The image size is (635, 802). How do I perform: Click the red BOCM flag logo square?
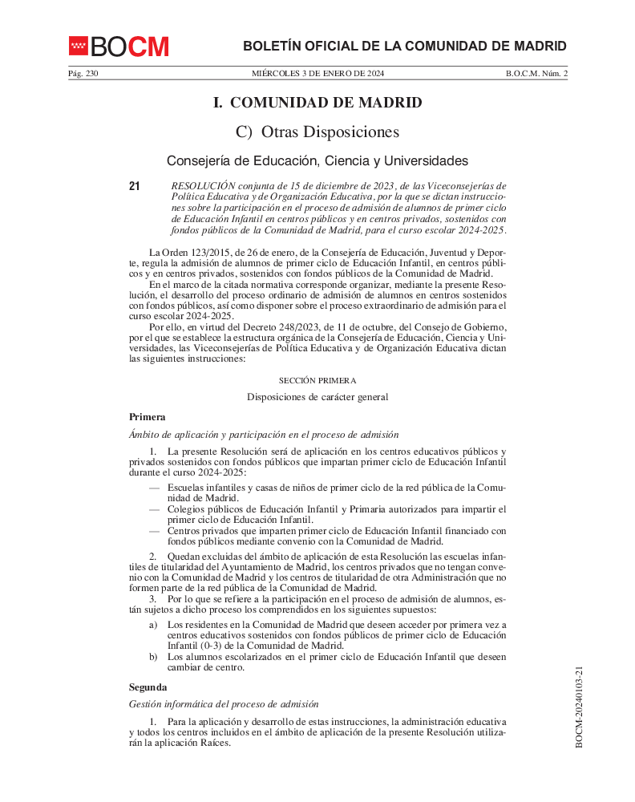(78, 47)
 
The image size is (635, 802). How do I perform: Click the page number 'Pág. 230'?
(83, 74)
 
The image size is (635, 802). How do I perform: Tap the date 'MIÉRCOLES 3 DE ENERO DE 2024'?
(318, 74)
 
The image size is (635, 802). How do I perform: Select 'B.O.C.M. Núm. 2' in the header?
(536, 74)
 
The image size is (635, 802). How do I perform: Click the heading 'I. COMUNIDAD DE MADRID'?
(317, 103)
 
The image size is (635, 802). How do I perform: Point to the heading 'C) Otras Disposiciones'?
(317, 132)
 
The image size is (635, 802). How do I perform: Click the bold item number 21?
(134, 186)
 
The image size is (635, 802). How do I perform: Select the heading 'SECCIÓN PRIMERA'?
(317, 380)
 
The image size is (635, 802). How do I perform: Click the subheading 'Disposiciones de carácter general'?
(317, 397)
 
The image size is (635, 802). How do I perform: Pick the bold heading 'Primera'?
(148, 417)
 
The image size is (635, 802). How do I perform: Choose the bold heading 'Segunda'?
(148, 687)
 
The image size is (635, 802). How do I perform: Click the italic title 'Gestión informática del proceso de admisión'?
(224, 704)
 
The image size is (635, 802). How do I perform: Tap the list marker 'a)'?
(153, 625)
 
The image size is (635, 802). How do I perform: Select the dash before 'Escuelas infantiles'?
(154, 488)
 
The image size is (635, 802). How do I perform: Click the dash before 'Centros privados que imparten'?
(154, 530)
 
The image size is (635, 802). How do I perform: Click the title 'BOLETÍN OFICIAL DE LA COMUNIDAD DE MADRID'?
(405, 47)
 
